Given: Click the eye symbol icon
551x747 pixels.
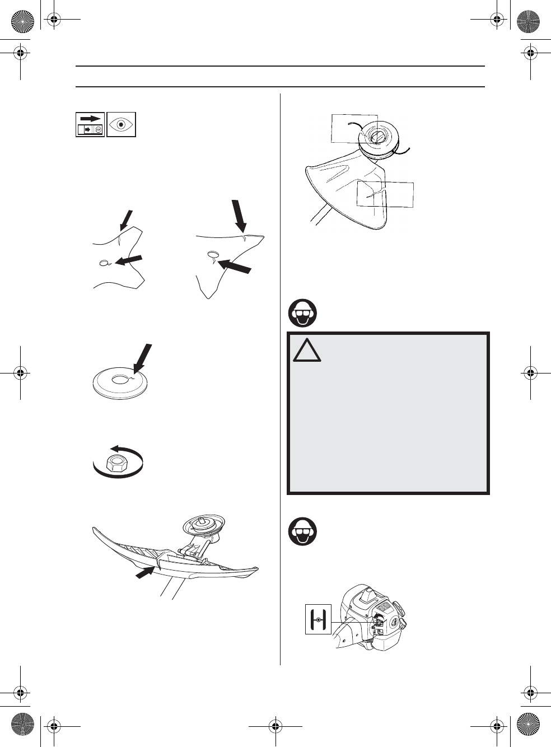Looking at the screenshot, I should point(121,124).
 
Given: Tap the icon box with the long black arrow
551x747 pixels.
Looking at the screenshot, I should point(90,124).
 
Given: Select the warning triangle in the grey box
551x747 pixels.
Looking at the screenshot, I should point(306,351).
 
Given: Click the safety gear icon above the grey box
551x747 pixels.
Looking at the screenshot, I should point(302,313).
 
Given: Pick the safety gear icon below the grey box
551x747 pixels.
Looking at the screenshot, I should point(302,532).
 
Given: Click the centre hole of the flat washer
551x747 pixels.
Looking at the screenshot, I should point(119,380).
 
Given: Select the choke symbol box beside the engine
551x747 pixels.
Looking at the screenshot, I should point(318,619).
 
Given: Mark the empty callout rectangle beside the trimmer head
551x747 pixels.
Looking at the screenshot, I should point(347,128).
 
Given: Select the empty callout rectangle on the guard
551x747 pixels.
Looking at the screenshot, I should point(385,194).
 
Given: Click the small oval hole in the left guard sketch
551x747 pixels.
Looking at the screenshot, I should point(104,263).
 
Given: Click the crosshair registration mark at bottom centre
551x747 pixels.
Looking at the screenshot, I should point(275,727).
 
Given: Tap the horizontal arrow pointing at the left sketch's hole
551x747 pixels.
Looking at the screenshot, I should point(129,260).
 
